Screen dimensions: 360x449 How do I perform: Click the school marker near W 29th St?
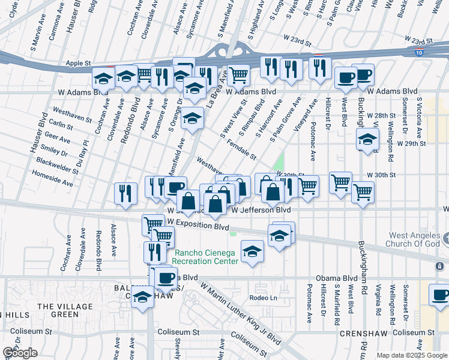click(x=367, y=140)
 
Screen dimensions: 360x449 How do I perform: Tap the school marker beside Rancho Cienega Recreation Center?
click(x=252, y=251)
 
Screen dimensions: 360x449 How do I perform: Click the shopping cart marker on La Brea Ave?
click(x=238, y=76)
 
